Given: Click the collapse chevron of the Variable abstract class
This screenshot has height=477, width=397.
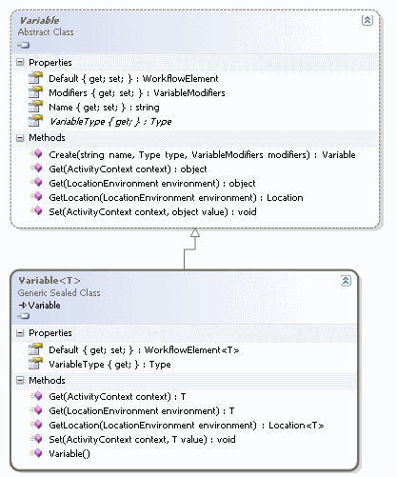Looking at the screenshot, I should pyautogui.click(x=367, y=19).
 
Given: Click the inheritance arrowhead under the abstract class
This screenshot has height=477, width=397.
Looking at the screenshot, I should pyautogui.click(x=195, y=233).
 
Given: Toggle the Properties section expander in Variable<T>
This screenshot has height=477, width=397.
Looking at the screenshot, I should pyautogui.click(x=22, y=335).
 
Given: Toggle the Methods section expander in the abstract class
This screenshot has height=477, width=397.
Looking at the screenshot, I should pyautogui.click(x=22, y=138).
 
